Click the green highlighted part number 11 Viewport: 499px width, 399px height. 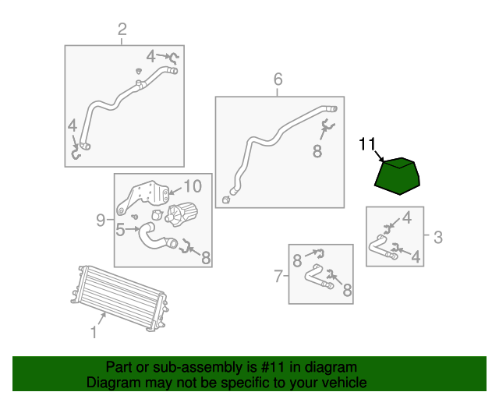point(397,176)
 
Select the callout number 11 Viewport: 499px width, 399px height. point(367,144)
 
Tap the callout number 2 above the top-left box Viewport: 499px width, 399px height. point(122,30)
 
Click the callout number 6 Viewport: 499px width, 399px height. point(278,79)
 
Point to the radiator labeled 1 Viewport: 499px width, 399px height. point(119,298)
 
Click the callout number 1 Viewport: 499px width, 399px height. point(94,333)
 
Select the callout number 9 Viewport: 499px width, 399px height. point(101,220)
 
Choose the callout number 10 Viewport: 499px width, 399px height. point(193,186)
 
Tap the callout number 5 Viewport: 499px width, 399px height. point(120,229)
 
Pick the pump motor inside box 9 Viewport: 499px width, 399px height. point(182,214)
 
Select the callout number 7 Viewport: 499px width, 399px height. point(278,276)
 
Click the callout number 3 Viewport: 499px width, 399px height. point(438,238)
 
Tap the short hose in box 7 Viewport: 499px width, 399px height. point(318,277)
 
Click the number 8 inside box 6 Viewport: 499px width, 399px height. point(317,151)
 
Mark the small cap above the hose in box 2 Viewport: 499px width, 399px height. point(139,71)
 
